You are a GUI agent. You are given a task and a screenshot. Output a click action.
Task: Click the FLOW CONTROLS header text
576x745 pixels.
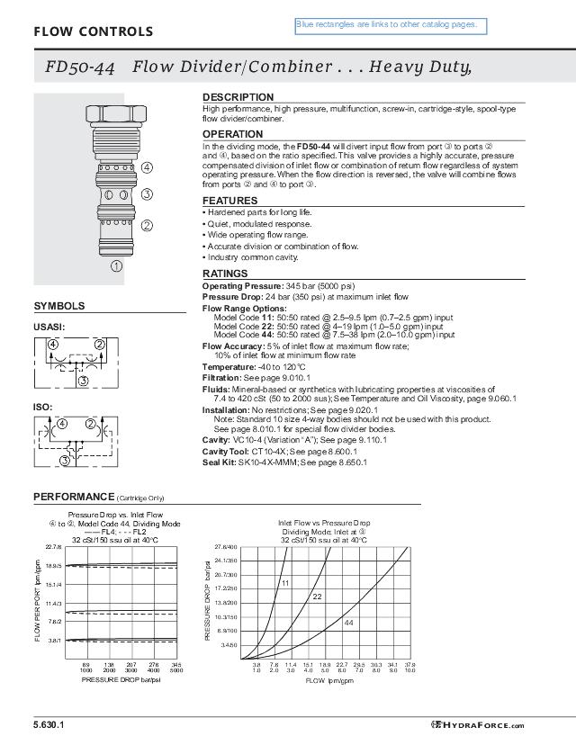pyautogui.click(x=93, y=32)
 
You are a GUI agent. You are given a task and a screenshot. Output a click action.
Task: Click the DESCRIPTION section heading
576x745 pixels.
pyautogui.click(x=238, y=97)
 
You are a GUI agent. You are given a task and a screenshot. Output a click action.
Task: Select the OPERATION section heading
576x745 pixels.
pyautogui.click(x=232, y=134)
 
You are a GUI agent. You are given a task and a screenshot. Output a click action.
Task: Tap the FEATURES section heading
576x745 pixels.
pyautogui.click(x=230, y=200)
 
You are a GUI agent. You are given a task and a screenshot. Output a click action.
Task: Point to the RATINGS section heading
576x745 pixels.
pyautogui.click(x=225, y=273)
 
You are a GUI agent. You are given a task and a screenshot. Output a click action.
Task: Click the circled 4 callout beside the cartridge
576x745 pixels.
pyautogui.click(x=147, y=167)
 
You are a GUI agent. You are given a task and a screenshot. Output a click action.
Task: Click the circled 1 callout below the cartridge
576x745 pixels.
pyautogui.click(x=116, y=265)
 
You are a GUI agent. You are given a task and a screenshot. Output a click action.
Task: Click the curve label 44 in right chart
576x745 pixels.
pyautogui.click(x=348, y=623)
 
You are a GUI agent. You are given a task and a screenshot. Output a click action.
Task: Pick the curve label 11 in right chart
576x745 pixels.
pyautogui.click(x=284, y=584)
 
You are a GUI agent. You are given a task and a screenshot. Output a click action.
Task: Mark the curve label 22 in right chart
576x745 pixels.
pyautogui.click(x=317, y=597)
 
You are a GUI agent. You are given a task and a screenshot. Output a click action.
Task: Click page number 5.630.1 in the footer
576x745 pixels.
pyautogui.click(x=49, y=725)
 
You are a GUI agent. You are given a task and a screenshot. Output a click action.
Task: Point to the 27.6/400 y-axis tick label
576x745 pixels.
pyautogui.click(x=225, y=546)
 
